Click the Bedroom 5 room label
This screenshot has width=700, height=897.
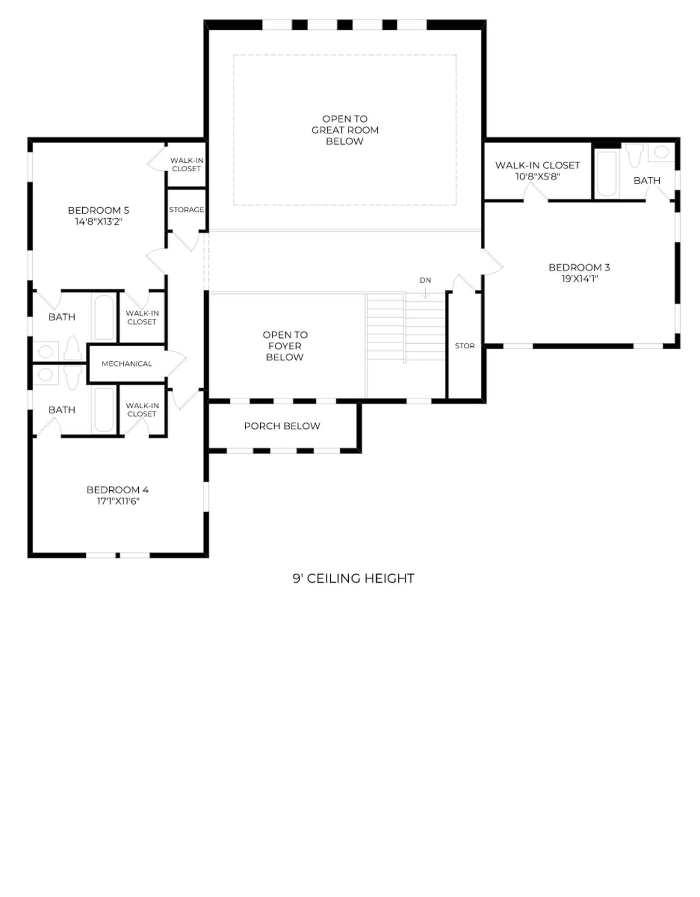tap(98, 210)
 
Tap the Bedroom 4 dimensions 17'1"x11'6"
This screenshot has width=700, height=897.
tap(118, 501)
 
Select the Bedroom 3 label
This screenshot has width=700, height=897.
tap(579, 267)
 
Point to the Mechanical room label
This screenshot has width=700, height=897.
tap(127, 364)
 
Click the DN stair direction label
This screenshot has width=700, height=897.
tap(425, 280)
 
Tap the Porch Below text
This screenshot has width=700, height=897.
tap(282, 426)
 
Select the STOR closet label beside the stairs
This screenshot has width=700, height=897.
tap(465, 346)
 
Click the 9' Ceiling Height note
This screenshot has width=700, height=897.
tap(353, 579)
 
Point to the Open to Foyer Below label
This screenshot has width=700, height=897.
tap(285, 346)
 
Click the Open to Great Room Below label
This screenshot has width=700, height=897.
tap(345, 130)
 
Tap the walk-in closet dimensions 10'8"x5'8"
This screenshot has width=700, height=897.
tap(538, 177)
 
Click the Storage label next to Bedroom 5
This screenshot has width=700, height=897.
tap(187, 210)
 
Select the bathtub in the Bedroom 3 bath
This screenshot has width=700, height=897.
tap(606, 174)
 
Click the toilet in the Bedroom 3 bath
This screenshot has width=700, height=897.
tap(635, 155)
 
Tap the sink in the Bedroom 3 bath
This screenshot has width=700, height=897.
tap(661, 152)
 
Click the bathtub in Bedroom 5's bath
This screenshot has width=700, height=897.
tap(104, 317)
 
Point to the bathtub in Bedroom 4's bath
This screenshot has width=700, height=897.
tap(104, 409)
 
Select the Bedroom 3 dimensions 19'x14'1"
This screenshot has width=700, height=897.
tap(580, 279)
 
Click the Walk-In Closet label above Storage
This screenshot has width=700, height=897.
tap(187, 165)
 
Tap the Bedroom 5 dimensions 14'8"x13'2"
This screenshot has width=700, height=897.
tap(98, 222)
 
